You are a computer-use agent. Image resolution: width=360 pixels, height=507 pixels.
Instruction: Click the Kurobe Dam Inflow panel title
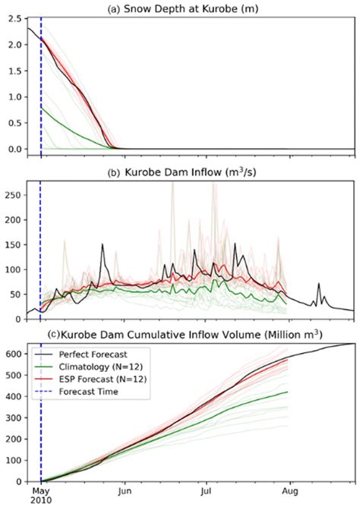pos(190,172)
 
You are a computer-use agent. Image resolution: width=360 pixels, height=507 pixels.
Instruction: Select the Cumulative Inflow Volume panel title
pos(190,335)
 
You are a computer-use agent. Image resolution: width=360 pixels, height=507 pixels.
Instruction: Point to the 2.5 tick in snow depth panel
pos(14,17)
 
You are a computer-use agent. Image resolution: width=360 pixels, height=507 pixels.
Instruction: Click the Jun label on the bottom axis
pos(125,492)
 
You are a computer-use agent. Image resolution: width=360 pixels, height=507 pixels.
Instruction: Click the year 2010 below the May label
pos(41,502)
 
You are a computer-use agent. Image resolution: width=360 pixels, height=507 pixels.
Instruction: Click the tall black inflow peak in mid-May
pos(103,244)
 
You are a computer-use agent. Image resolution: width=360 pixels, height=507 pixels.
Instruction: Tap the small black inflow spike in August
pos(320,284)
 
